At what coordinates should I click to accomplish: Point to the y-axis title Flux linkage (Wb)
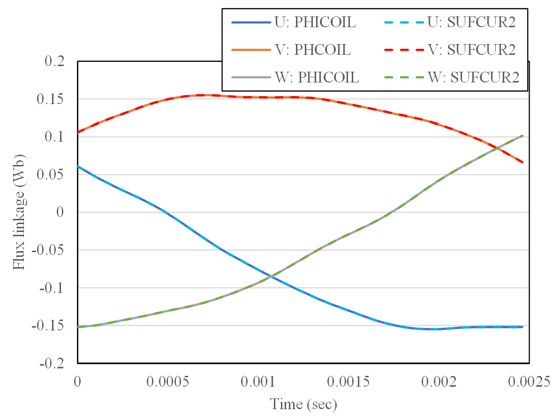19,212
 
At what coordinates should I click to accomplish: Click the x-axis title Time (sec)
303,404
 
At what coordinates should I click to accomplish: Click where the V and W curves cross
497,149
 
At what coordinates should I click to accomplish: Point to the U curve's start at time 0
78,166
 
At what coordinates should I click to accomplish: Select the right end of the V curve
522,162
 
